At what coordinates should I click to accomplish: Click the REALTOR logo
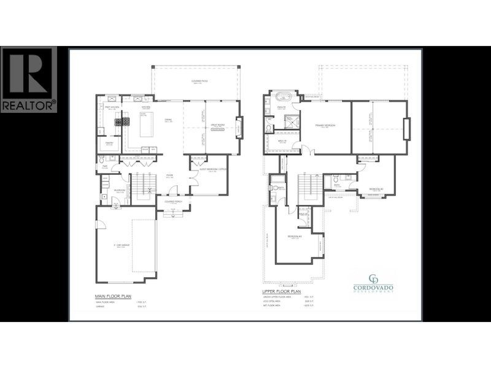[29, 79]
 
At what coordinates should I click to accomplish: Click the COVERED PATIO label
[196, 82]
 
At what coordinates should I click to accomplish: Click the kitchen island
[147, 126]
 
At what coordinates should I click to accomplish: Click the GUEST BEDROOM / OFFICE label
[210, 171]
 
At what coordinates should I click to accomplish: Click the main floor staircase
[142, 185]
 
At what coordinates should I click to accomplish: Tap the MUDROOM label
[120, 191]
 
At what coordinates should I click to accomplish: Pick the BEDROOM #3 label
[296, 238]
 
